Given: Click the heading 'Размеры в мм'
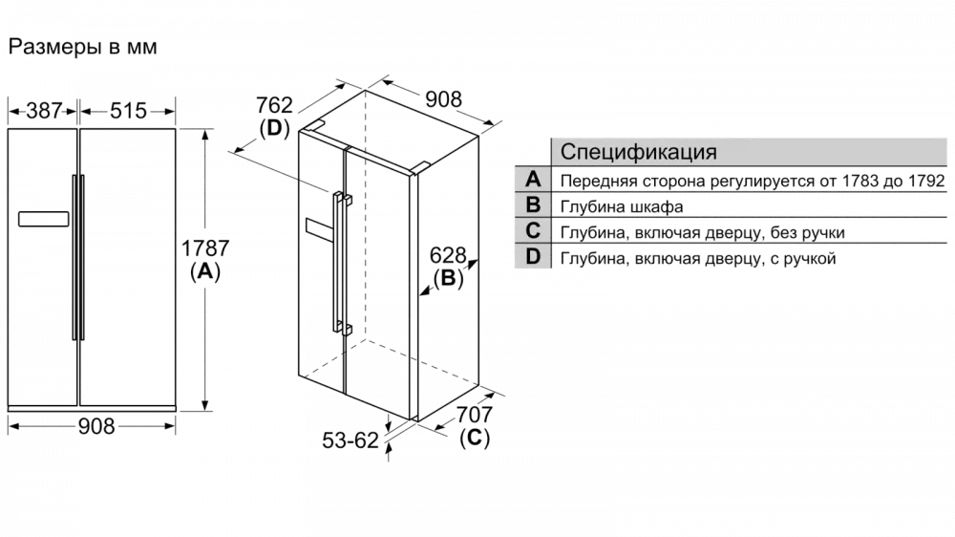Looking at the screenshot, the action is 83,47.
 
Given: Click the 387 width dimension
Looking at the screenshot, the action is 44,111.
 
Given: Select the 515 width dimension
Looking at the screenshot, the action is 129,111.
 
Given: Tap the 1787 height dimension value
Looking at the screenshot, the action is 205,248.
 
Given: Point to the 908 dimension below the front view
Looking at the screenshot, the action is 96,426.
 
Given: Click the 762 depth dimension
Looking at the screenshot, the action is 274,105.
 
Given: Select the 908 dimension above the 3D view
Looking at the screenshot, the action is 443,98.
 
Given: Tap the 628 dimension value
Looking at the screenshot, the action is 448,255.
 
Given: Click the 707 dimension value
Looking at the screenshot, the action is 475,415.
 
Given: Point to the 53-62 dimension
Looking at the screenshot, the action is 350,440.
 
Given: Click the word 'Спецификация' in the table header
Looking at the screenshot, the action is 638,152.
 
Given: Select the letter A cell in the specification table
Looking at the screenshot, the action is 533,180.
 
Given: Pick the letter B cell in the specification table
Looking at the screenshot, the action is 533,204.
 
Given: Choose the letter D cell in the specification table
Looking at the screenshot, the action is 533,256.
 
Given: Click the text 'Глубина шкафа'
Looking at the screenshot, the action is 622,206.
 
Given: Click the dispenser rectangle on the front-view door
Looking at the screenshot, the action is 43,219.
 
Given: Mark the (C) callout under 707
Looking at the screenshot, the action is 475,438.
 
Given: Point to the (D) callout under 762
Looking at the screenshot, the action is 274,128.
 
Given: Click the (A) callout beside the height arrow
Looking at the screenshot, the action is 205,271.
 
